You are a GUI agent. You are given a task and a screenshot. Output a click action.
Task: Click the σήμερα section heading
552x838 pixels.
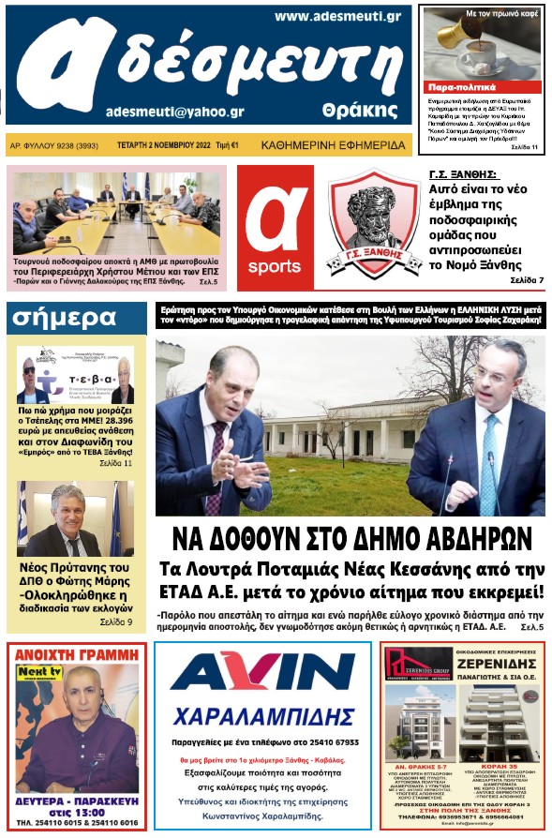[65, 319]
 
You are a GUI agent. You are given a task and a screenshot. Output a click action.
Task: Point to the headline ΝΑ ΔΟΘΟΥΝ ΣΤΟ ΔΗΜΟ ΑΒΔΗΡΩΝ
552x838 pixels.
[351, 539]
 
